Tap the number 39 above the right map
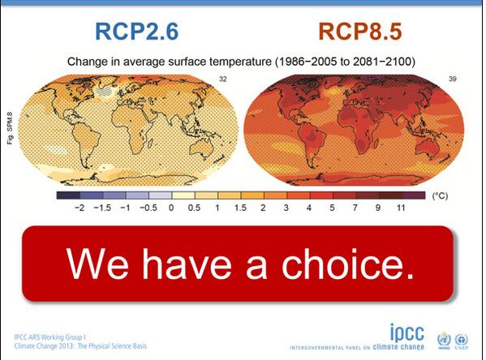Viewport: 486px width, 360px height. (453, 79)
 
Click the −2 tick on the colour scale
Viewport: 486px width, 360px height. (79, 208)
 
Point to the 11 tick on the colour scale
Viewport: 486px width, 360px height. (400, 208)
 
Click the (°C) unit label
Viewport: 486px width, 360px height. (440, 196)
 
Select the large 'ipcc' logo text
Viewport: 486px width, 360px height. (403, 332)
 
